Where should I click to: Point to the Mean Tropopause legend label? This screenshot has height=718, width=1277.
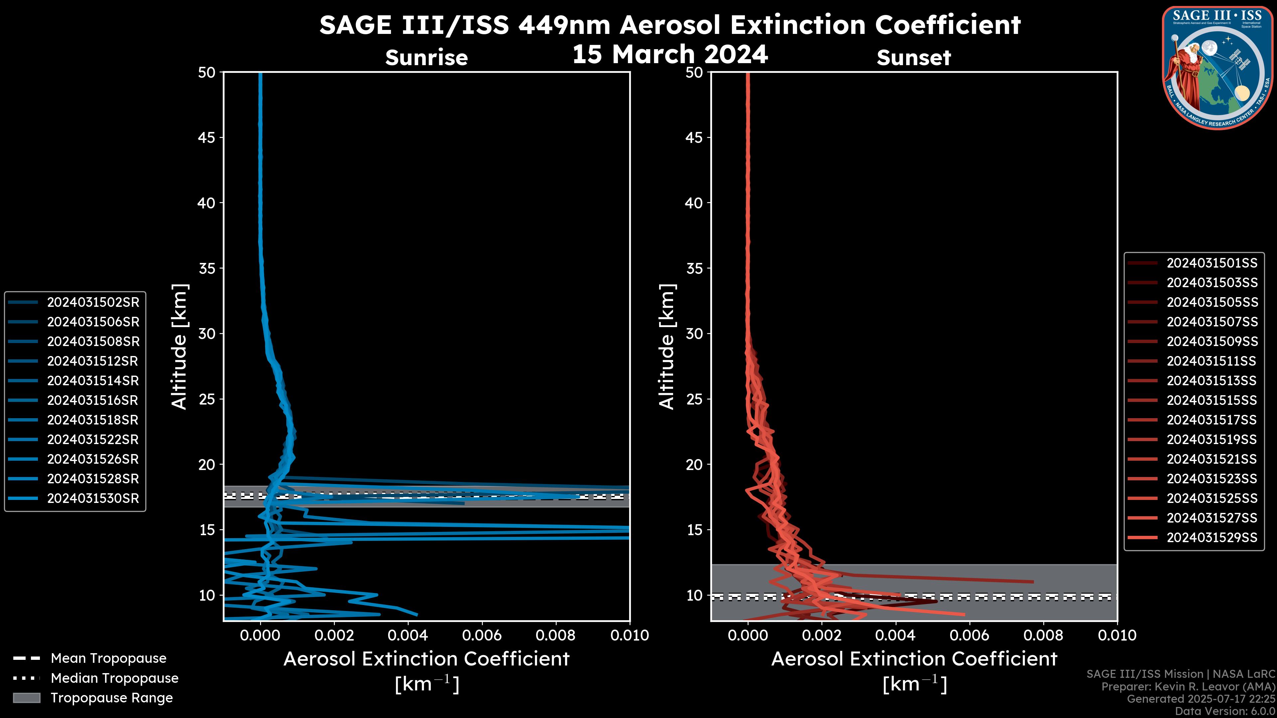108,658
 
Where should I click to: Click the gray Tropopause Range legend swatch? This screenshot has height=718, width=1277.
26,698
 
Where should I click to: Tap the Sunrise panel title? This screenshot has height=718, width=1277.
426,58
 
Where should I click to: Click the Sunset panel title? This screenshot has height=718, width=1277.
914,58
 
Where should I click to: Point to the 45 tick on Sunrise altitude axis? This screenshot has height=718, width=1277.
207,138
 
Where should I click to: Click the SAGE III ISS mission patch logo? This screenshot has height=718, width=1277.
1217,67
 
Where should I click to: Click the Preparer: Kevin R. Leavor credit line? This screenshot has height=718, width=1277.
1188,687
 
